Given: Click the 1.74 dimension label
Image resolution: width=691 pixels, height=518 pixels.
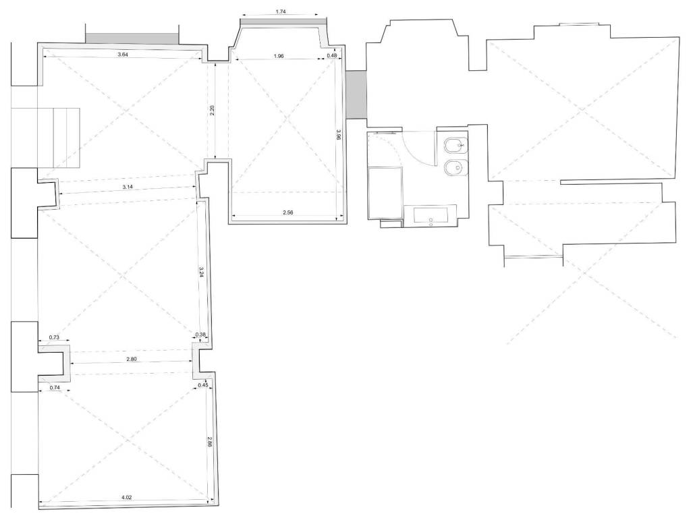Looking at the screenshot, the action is (x=280, y=12).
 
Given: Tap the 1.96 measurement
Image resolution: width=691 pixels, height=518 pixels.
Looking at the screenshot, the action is (x=279, y=56).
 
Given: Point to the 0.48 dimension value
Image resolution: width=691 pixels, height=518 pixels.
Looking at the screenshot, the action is (x=332, y=55).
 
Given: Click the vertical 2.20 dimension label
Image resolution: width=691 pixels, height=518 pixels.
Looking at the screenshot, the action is (x=213, y=111).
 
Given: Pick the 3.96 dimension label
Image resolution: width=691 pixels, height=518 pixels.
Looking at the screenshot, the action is (x=338, y=134).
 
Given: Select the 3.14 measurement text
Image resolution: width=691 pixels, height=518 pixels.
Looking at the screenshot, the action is (x=128, y=187).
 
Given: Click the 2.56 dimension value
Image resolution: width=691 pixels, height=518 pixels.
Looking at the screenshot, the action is (x=287, y=212).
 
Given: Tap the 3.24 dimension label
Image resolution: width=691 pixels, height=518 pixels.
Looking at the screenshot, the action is (x=201, y=272).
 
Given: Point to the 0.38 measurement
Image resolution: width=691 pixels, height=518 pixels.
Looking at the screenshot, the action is (x=200, y=335).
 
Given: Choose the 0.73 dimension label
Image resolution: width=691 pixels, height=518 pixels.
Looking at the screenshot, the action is (x=54, y=337).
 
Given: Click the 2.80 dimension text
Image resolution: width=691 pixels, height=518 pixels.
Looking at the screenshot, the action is (x=132, y=359).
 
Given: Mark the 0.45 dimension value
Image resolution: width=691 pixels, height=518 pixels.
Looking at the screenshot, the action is (x=202, y=385).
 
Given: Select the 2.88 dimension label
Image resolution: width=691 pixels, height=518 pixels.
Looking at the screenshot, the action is (x=210, y=442).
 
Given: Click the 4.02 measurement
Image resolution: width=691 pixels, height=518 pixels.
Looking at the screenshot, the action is (x=126, y=498).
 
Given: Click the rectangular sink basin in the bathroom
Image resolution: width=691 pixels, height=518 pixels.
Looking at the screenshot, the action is (x=431, y=216).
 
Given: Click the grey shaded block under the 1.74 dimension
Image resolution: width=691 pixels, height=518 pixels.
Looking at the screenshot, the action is (x=283, y=24).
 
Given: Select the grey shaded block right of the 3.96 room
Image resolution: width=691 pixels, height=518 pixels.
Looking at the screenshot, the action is (x=356, y=94).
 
